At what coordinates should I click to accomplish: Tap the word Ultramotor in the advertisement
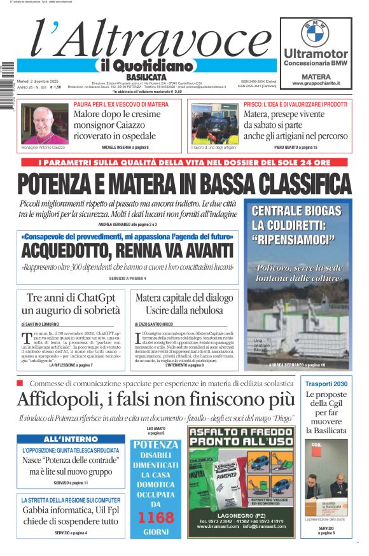pyautogui.click(x=316, y=53)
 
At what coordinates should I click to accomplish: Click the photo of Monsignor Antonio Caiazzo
pyautogui.click(x=45, y=123)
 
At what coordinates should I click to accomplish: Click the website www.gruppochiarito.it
pyautogui.click(x=316, y=83)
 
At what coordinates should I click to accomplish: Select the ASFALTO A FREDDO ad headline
pyautogui.click(x=240, y=436)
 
